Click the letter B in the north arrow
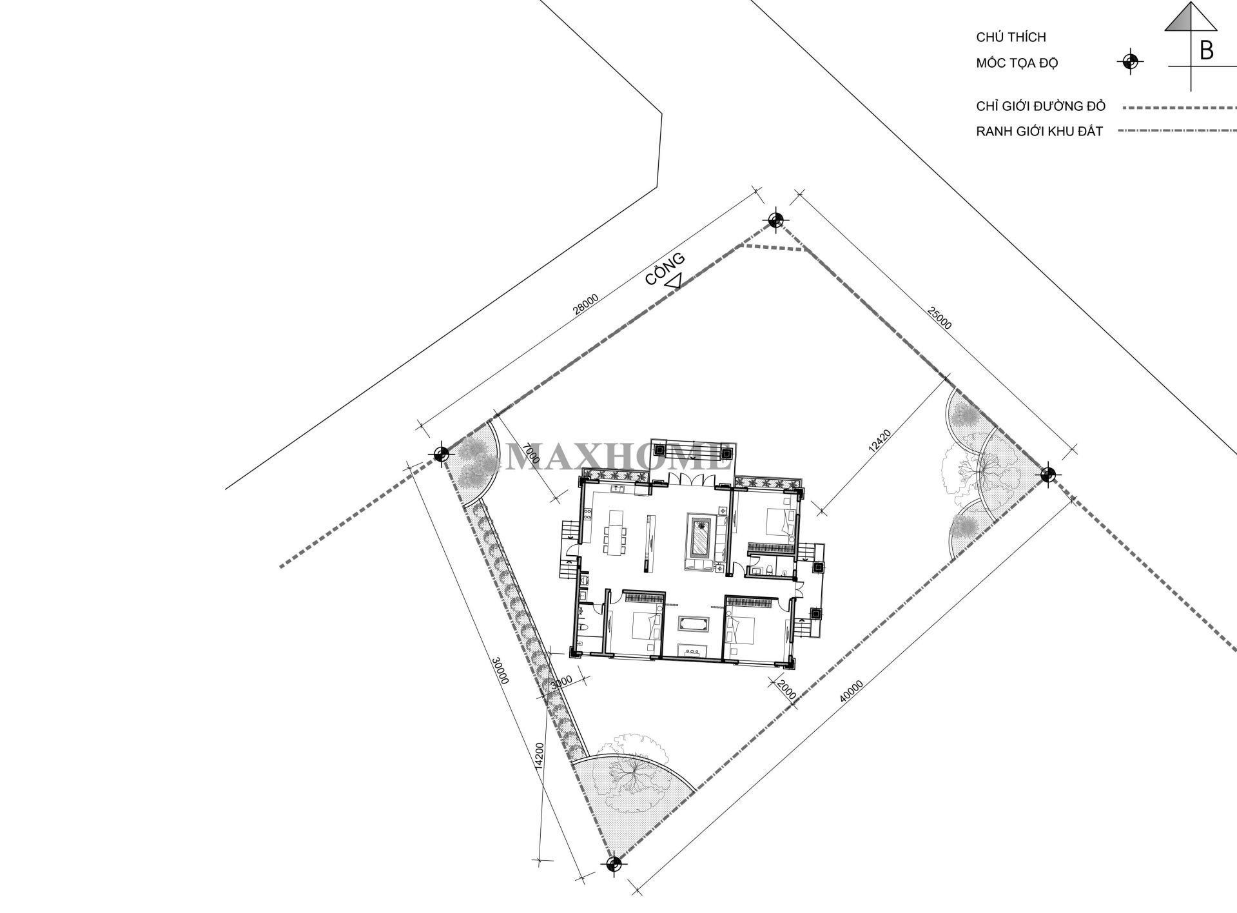pyautogui.click(x=1206, y=50)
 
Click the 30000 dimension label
pyautogui.click(x=500, y=671)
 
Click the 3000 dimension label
pyautogui.click(x=562, y=682)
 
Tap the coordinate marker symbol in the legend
pyautogui.click(x=1129, y=62)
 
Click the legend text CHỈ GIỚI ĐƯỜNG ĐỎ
pyautogui.click(x=1040, y=106)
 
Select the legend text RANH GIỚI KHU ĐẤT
pyautogui.click(x=1039, y=132)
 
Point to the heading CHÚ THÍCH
pyautogui.click(x=1011, y=38)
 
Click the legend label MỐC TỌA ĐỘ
pyautogui.click(x=1017, y=63)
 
